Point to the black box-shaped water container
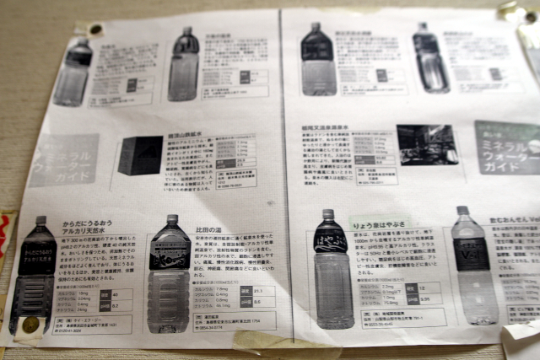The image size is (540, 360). click(x=140, y=155)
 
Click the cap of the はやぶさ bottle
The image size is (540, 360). click(x=328, y=216)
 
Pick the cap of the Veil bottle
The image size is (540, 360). click(x=462, y=211)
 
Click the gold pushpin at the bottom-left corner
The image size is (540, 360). click(x=30, y=325)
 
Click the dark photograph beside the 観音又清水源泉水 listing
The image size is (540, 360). click(x=427, y=144)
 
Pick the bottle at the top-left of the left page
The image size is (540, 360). click(x=75, y=72)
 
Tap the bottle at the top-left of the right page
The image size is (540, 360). click(x=318, y=61)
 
